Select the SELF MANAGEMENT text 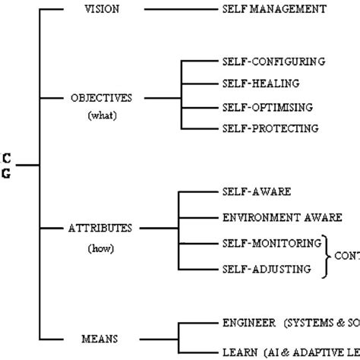tap(274, 10)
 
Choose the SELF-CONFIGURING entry tap(273, 61)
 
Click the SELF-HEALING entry tap(261, 83)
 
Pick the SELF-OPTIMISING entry tap(267, 106)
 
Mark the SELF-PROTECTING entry tap(270, 128)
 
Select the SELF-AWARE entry tap(257, 192)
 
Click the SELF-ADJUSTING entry tap(265, 268)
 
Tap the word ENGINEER tap(250, 323)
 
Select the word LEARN tap(240, 353)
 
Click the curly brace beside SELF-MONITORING tap(330, 256)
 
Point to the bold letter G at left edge tap(7, 173)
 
